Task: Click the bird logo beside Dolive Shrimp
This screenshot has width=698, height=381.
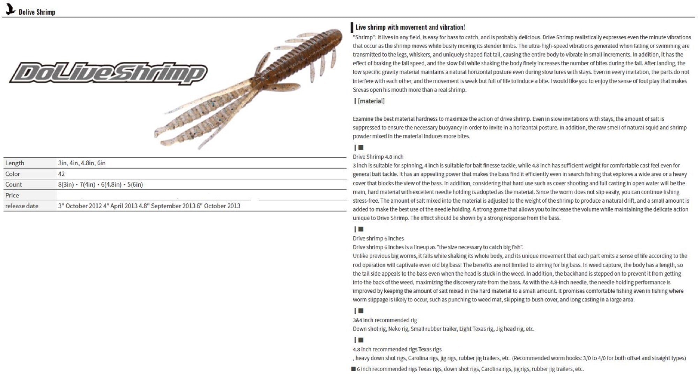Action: click(x=11, y=9)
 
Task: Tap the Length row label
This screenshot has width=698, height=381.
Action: click(x=15, y=163)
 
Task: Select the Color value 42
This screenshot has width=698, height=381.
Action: click(x=61, y=174)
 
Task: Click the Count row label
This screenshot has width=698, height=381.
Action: click(x=14, y=185)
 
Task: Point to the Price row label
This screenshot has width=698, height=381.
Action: click(x=12, y=195)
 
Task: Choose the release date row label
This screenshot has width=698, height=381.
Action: click(x=22, y=206)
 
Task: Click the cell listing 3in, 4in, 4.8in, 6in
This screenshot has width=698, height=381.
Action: click(x=82, y=163)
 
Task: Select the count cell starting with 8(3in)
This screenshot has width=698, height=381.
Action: click(x=101, y=185)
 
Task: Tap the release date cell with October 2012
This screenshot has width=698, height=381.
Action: click(x=149, y=206)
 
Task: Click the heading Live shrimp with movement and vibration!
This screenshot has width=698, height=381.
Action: click(x=410, y=27)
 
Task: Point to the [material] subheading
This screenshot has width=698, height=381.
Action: click(x=371, y=101)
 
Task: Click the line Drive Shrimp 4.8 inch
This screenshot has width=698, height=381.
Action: click(x=378, y=157)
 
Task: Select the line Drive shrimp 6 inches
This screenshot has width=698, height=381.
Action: click(x=378, y=239)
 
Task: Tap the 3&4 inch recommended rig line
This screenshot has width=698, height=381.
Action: click(x=385, y=320)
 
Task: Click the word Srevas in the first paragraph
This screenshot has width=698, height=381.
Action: click(x=361, y=90)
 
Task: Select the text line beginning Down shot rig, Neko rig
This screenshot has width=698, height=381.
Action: click(x=443, y=329)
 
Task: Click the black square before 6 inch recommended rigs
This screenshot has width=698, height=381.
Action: click(x=353, y=369)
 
